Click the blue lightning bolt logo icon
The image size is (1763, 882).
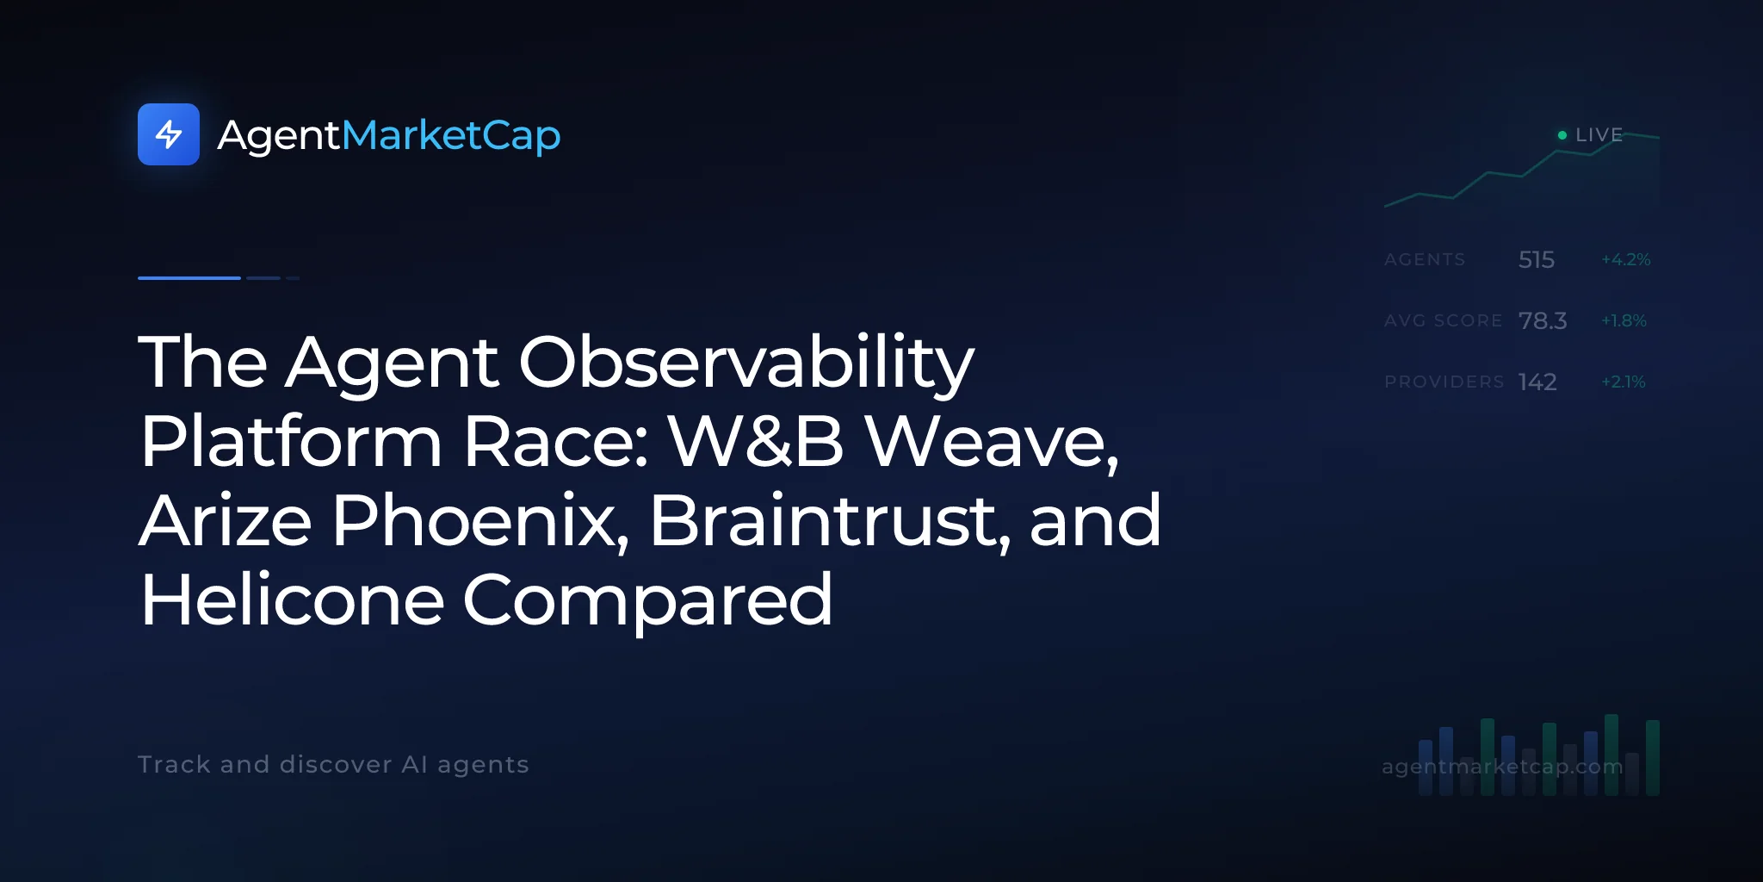point(169,134)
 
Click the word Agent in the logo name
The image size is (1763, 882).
point(280,136)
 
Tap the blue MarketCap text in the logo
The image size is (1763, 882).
point(451,136)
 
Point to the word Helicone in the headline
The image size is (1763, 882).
point(293,599)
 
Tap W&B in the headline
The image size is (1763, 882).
point(757,441)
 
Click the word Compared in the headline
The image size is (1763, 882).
point(648,601)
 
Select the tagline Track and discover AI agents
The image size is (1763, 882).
point(333,764)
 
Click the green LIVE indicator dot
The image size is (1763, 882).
point(1562,135)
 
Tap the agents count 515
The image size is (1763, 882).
point(1537,259)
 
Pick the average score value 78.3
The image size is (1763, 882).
point(1543,320)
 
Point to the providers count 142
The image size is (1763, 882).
point(1537,382)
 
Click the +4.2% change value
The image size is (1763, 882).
point(1626,259)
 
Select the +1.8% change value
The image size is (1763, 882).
point(1624,320)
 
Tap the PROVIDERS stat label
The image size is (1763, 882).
point(1444,382)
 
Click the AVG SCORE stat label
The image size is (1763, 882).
point(1444,320)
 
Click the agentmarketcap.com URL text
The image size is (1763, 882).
point(1502,767)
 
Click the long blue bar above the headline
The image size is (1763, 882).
point(189,278)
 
